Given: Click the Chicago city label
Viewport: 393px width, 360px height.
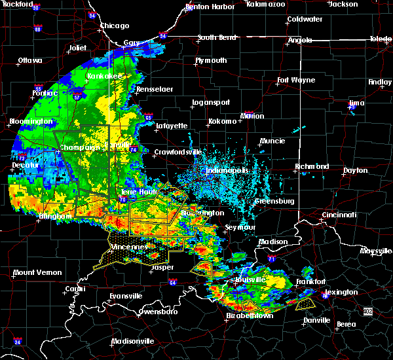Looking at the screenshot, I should (x=114, y=26).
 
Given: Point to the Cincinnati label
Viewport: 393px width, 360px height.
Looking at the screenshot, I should (x=339, y=215).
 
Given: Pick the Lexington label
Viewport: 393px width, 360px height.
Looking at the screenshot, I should (x=341, y=292).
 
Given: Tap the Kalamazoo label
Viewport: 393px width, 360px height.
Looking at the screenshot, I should (x=266, y=4).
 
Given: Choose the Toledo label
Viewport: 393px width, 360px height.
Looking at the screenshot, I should (x=381, y=39).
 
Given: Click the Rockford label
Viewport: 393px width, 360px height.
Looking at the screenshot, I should (x=17, y=5).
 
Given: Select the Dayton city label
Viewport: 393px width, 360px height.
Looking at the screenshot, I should (x=356, y=170).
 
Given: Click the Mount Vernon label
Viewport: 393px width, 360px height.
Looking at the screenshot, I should (x=38, y=272).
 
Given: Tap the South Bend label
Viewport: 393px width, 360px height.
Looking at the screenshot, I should (x=217, y=37).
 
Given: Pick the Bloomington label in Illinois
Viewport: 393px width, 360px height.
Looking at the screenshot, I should (x=31, y=122).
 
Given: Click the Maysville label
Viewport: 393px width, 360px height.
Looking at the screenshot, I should (x=376, y=251).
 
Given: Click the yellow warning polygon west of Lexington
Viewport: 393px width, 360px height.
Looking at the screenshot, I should (x=305, y=304).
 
